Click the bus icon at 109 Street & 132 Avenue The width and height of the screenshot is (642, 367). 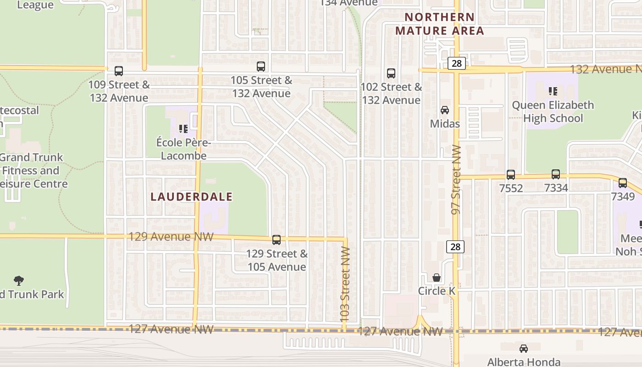(x=119, y=71)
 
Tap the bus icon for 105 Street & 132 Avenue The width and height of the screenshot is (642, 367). (x=261, y=67)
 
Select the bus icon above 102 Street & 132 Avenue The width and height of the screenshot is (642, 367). (x=391, y=73)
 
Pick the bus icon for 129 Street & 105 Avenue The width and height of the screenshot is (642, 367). (x=277, y=240)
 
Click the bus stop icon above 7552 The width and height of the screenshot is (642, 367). (x=511, y=175)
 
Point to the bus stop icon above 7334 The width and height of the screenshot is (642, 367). (x=556, y=174)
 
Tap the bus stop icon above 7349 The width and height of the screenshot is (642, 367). (x=623, y=183)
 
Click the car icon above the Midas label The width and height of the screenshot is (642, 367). (x=445, y=110)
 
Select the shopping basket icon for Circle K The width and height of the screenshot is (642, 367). (x=437, y=278)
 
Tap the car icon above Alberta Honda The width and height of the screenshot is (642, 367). (x=524, y=349)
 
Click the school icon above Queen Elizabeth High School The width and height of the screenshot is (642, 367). (x=553, y=91)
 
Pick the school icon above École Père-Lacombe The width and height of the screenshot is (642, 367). (x=183, y=129)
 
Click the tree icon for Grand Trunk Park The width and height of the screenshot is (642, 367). (x=19, y=280)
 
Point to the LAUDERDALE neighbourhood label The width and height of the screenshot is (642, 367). (x=192, y=197)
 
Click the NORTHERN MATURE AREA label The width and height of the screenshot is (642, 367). (x=439, y=24)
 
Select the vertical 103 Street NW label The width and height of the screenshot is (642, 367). (x=345, y=284)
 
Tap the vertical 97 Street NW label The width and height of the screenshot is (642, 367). (x=456, y=180)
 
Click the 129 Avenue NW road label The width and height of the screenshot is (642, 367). (x=171, y=237)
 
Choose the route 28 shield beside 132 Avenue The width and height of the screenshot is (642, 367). (x=457, y=63)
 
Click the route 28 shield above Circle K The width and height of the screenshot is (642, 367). (x=455, y=247)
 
